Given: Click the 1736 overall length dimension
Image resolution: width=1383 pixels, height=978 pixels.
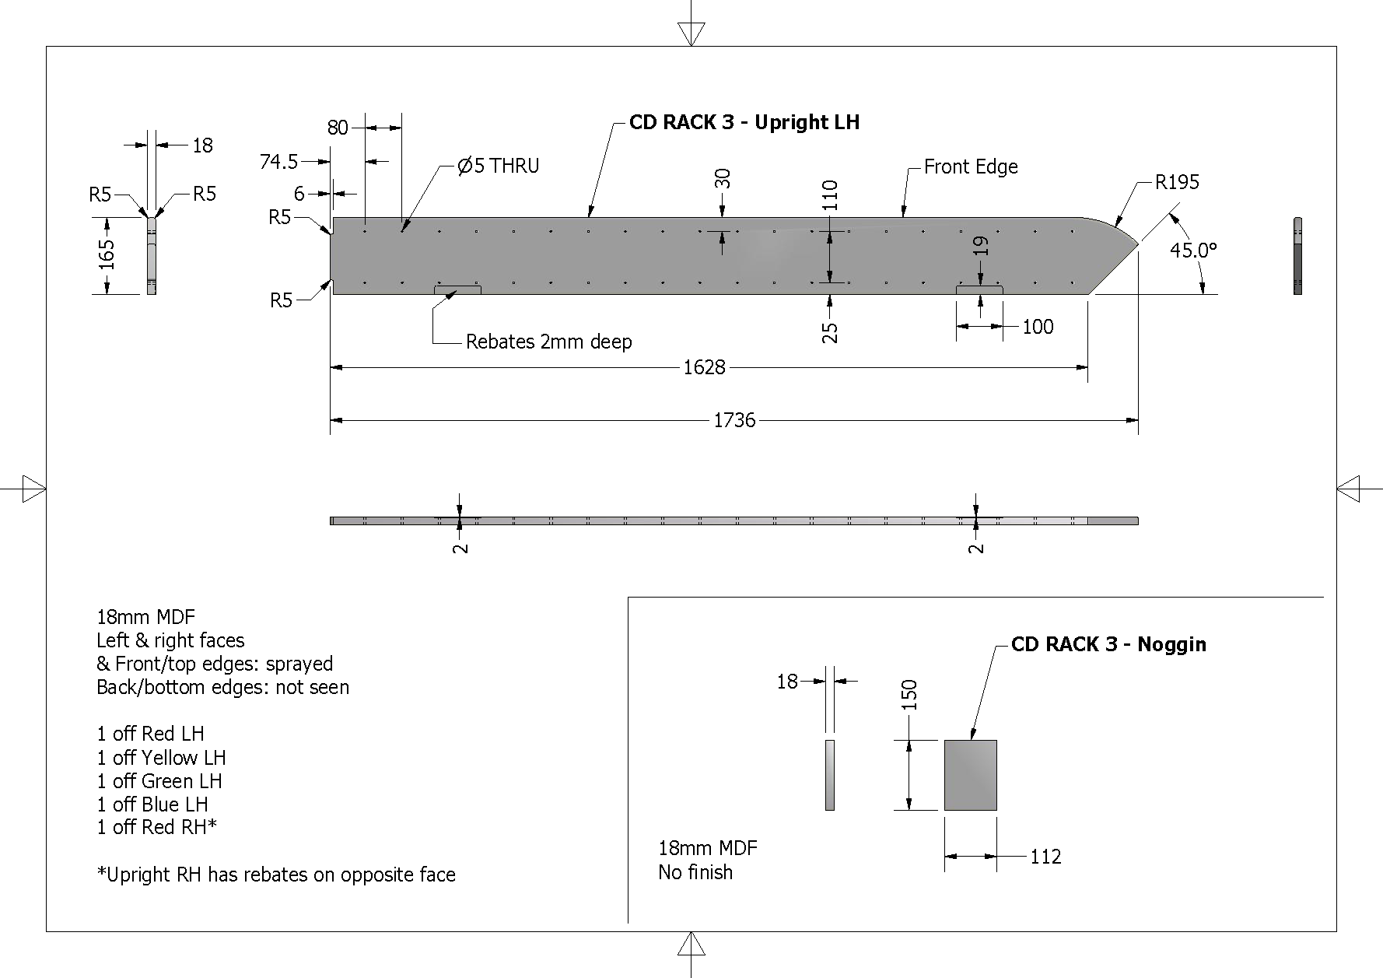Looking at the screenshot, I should coord(734,421).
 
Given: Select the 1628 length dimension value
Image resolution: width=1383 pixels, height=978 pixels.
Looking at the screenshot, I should coord(704,367).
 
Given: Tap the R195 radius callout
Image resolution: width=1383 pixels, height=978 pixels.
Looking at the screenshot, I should coord(1177,182).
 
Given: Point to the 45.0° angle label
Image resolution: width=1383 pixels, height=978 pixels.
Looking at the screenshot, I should coord(1193,251).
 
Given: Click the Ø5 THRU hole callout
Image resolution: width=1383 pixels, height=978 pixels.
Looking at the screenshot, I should coord(498,166).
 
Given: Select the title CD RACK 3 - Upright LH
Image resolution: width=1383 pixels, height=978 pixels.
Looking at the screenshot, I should coord(744,122).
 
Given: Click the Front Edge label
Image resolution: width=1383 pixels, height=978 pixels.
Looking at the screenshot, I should coord(971,167).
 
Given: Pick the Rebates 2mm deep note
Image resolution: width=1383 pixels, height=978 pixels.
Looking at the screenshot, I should coord(548,342).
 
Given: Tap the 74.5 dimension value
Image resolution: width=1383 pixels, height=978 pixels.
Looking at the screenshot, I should coord(278,162).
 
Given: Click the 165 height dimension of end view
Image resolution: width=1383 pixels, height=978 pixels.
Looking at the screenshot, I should coord(107,254).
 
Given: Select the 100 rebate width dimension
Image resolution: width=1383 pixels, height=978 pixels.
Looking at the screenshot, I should coord(1038,327).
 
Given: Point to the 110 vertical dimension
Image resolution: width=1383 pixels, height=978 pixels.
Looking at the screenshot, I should coord(830,195).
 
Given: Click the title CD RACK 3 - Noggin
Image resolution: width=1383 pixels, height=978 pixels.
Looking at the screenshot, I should coord(1108,644).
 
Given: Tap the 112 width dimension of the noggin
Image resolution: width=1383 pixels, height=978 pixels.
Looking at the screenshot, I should coord(1045,857).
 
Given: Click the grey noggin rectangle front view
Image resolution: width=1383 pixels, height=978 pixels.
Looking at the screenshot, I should coord(970,775).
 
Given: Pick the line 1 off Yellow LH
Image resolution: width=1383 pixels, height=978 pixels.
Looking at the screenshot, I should coord(161,758).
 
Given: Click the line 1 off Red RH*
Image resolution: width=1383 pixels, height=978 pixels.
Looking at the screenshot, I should coord(156,827).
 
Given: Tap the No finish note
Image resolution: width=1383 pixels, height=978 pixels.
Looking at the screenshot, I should coord(695,872).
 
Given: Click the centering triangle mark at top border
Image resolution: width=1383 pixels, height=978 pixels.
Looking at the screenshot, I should coord(691,33).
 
